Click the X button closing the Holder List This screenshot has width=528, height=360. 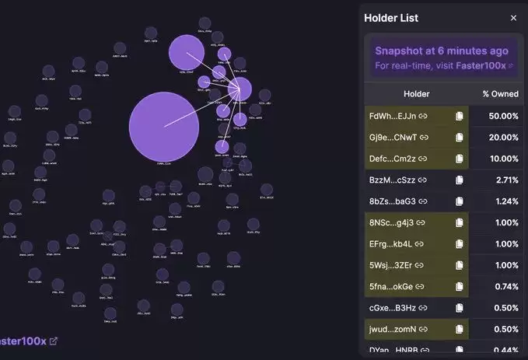click(513, 18)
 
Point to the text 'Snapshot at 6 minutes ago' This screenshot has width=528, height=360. click(441, 51)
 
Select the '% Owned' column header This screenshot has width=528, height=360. click(500, 94)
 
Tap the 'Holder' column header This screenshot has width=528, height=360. click(416, 94)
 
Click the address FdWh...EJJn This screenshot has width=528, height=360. click(393, 116)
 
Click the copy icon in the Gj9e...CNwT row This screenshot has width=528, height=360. click(459, 138)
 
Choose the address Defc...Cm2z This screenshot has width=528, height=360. click(393, 159)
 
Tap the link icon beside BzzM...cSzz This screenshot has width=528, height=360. click(423, 180)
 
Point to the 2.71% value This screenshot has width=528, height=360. click(505, 180)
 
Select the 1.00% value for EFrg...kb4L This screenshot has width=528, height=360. click(505, 244)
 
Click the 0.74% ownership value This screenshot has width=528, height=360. click(505, 286)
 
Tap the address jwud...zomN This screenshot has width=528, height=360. click(393, 329)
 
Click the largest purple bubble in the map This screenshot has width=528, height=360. click(159, 125)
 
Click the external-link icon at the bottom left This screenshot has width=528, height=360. click(53, 341)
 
